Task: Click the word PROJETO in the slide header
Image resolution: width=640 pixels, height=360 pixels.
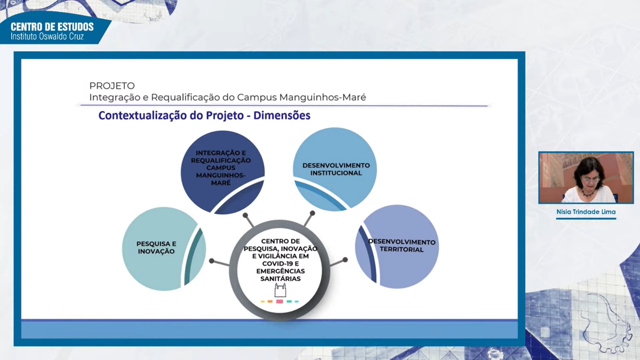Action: (x=112, y=85)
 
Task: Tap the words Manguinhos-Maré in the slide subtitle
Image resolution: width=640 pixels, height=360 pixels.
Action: (x=322, y=97)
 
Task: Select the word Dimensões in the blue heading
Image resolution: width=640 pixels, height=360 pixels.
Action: (x=281, y=115)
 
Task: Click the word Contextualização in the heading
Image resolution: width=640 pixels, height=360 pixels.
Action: (x=142, y=115)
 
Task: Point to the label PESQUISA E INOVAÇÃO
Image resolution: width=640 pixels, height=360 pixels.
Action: (x=156, y=247)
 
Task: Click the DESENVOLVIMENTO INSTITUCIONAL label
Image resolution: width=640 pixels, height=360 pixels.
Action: (x=336, y=169)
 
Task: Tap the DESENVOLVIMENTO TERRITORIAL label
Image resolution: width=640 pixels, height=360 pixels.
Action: (x=401, y=245)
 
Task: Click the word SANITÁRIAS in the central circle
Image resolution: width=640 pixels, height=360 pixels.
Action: (x=280, y=278)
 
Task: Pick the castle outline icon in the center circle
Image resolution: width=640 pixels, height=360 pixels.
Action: (x=280, y=290)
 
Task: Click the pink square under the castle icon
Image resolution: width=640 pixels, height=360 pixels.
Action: (x=279, y=301)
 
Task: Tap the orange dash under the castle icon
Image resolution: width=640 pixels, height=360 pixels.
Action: (x=270, y=301)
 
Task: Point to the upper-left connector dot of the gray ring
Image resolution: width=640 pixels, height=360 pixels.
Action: (x=245, y=215)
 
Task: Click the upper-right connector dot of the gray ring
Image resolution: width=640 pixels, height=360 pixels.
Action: (x=312, y=213)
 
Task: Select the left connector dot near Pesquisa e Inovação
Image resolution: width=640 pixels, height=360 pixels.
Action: (x=211, y=261)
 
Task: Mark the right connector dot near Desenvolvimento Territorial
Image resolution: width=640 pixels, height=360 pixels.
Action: (x=345, y=259)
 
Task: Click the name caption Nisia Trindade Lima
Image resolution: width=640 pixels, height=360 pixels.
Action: (x=586, y=212)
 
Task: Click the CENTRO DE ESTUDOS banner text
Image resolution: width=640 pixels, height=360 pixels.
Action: (x=52, y=27)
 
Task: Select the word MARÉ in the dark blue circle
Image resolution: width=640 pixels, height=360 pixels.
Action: (x=220, y=182)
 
